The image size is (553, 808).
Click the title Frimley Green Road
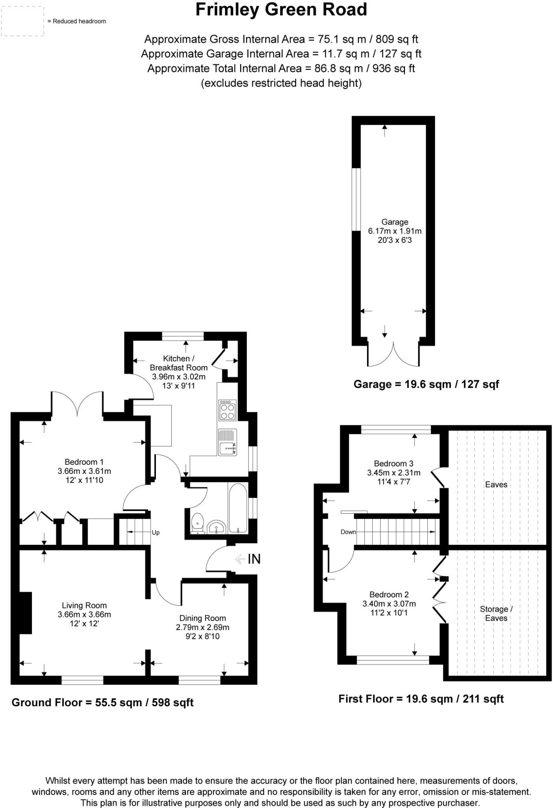pos(281,10)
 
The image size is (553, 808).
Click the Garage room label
pos(394,222)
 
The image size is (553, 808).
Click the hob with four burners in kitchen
pos(227,411)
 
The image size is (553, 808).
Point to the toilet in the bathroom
pos(197,523)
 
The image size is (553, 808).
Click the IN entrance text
pos(254,559)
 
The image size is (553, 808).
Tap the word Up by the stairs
pos(156,533)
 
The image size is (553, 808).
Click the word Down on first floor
pos(348,532)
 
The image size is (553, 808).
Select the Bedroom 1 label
pos(84,462)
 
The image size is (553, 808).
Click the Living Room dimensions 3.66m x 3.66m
pos(84,614)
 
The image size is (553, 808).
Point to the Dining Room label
pos(202,618)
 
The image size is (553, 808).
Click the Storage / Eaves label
pos(496,613)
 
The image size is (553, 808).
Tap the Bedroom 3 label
pos(394,464)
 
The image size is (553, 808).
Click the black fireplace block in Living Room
pos(26,613)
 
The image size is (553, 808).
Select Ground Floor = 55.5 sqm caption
pos(102,702)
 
